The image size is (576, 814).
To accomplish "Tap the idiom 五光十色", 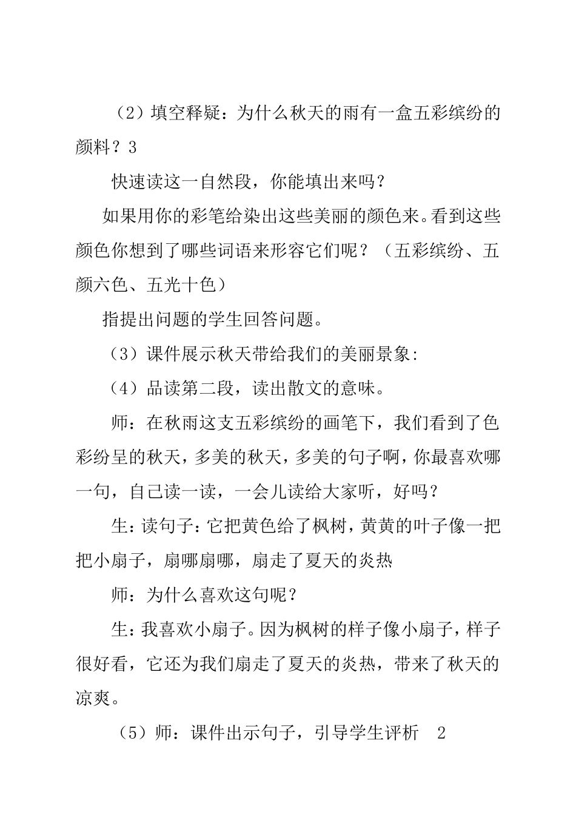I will (181, 285).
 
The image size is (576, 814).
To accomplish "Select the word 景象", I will (393, 355).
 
